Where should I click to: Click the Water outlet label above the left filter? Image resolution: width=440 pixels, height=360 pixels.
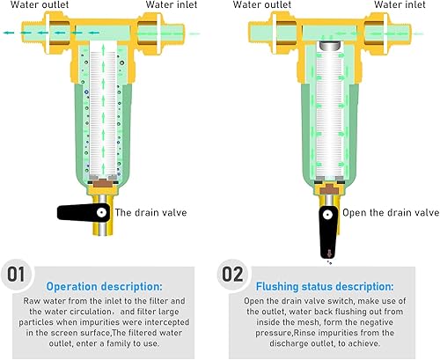pyautogui.click(x=40, y=4)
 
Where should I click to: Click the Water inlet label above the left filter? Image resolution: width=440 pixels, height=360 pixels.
pyautogui.click(x=172, y=4)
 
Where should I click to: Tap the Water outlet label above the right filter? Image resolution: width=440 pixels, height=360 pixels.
pyautogui.click(x=262, y=4)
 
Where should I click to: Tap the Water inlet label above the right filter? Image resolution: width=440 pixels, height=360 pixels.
pyautogui.click(x=400, y=4)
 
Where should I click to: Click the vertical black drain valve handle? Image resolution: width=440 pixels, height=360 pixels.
pyautogui.click(x=328, y=231)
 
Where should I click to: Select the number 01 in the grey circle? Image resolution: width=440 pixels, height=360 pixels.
pyautogui.click(x=16, y=275)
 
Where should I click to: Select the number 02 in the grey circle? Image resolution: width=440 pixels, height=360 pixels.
pyautogui.click(x=232, y=275)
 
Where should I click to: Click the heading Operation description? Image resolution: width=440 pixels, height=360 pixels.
pyautogui.click(x=104, y=287)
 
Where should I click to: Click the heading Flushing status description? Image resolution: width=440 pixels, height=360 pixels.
pyautogui.click(x=325, y=287)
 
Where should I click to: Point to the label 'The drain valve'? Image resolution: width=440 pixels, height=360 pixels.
pyautogui.click(x=150, y=212)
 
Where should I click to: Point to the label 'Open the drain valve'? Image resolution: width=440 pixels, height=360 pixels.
pyautogui.click(x=391, y=212)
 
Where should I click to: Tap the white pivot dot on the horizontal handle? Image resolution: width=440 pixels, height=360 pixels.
pyautogui.click(x=102, y=212)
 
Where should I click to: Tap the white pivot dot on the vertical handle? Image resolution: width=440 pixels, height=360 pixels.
pyautogui.click(x=327, y=215)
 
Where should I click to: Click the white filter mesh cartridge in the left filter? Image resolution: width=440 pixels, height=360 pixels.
pyautogui.click(x=103, y=113)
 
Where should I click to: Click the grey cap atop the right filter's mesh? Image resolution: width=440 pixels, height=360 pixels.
pyautogui.click(x=330, y=46)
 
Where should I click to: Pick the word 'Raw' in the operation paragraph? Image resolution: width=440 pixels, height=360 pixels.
pyautogui.click(x=30, y=301)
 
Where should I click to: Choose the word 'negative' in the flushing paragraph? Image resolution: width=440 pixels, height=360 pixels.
pyautogui.click(x=374, y=322)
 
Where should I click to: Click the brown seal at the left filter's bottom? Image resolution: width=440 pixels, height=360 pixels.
pyautogui.click(x=103, y=184)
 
